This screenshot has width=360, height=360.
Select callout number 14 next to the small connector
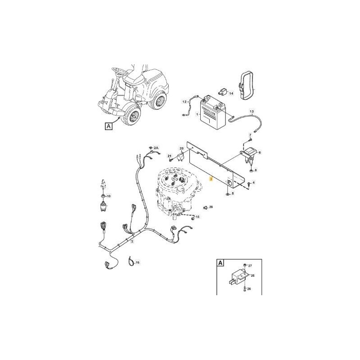point(231,94)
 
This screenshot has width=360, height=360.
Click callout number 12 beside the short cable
point(184,102)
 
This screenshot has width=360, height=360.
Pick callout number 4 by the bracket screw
point(253,183)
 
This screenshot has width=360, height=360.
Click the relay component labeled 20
point(182,156)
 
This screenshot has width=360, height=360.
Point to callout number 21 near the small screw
point(170,156)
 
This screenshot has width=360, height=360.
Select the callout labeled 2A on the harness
point(156,148)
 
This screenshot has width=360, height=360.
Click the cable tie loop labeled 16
point(130,260)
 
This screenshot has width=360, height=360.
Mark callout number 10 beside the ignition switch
point(108,197)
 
